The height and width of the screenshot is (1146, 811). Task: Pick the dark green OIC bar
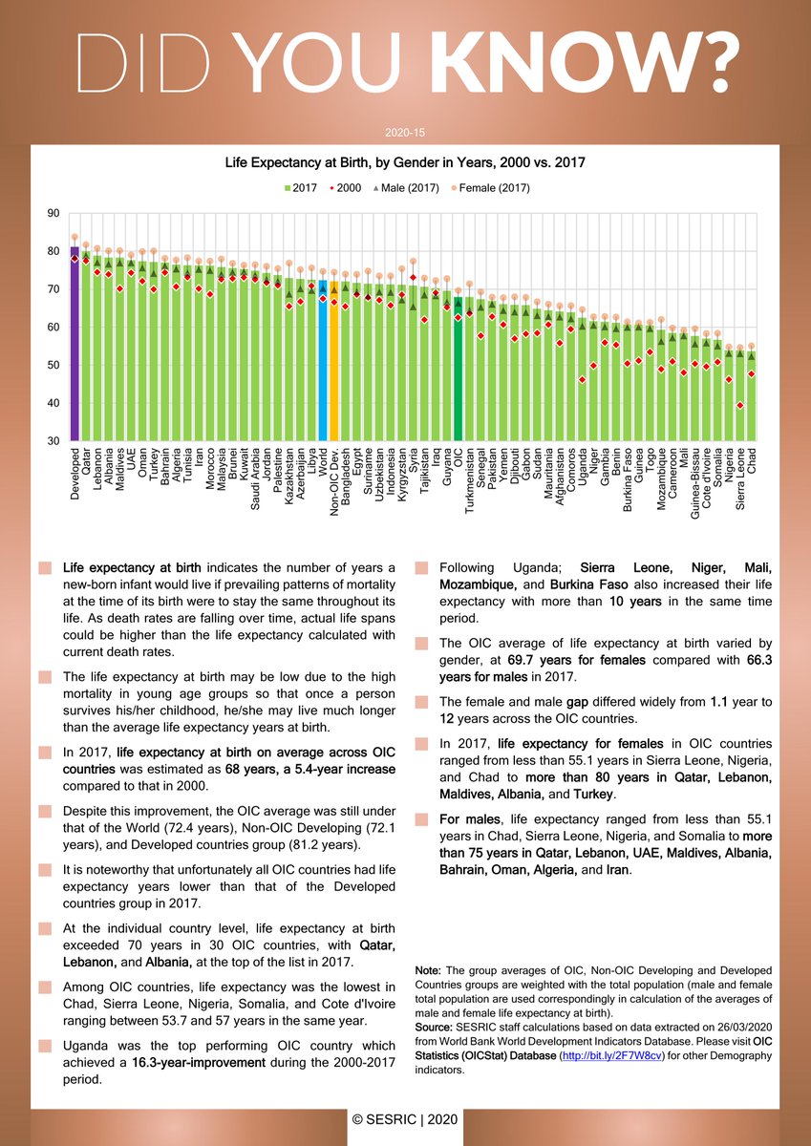point(458,372)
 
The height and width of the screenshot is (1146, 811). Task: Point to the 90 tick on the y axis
point(53,214)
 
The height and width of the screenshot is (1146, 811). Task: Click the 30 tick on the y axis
point(53,440)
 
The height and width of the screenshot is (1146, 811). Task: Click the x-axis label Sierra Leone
point(740,481)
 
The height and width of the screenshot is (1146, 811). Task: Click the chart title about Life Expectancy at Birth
point(405,163)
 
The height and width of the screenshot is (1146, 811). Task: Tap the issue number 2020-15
point(405,132)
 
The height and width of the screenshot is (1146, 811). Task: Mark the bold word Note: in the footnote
point(428,971)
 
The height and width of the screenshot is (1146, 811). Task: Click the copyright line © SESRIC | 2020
point(405,1118)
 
